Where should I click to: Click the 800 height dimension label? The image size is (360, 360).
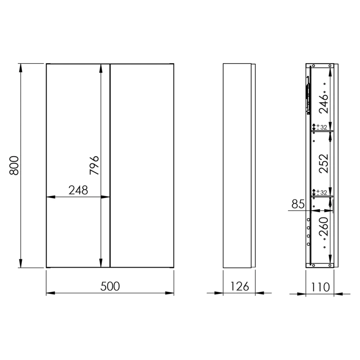(x=14, y=165)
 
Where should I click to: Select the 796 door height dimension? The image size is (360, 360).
(x=94, y=165)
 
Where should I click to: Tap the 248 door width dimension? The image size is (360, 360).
(x=78, y=190)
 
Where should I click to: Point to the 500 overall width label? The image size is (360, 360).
(x=110, y=287)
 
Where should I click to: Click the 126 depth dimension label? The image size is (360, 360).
(x=239, y=287)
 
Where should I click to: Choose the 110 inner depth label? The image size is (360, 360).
(x=320, y=287)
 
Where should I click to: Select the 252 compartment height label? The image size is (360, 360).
(x=324, y=163)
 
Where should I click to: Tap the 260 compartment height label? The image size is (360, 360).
(x=324, y=227)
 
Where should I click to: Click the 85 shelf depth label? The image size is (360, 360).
(x=298, y=204)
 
